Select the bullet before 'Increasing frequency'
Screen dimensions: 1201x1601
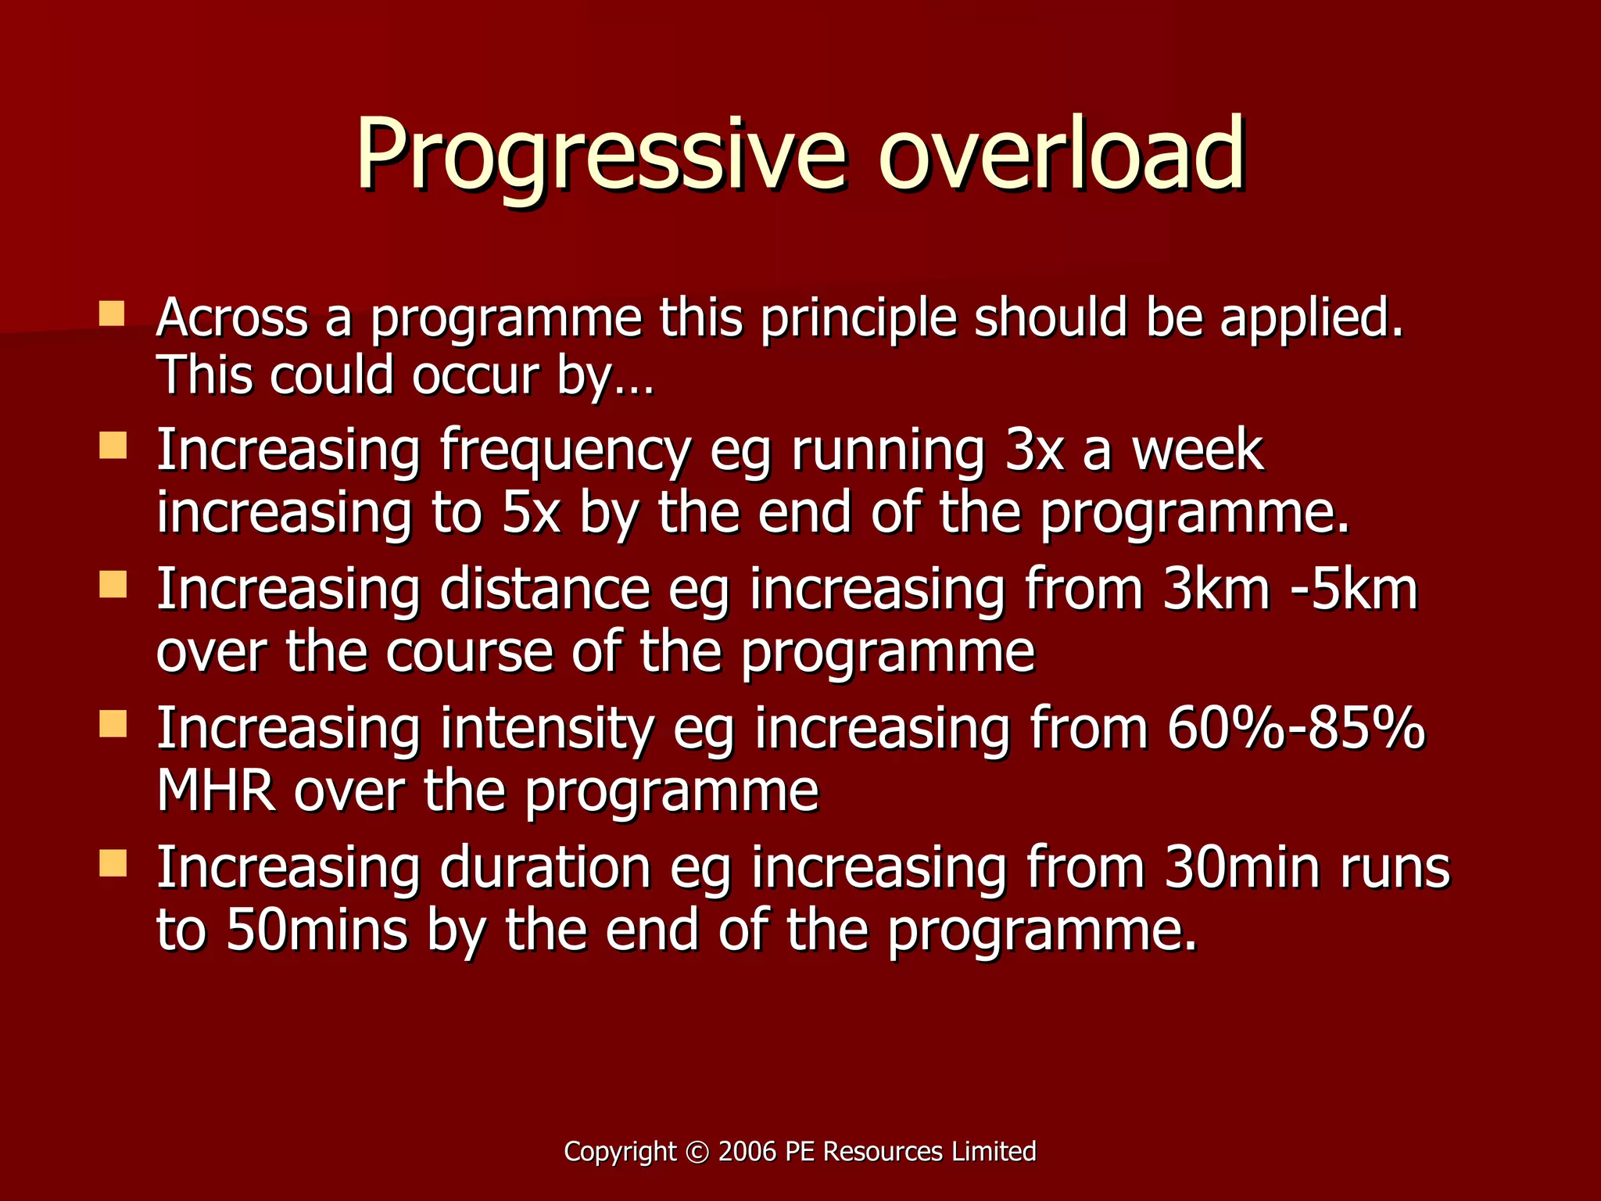click(113, 446)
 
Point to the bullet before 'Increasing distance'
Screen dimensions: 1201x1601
click(113, 585)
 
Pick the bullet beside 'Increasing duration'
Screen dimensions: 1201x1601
click(113, 863)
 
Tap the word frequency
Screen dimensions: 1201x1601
click(564, 452)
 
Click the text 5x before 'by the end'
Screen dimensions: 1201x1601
click(531, 513)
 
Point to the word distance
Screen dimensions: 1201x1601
click(545, 590)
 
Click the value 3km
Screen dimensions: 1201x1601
click(1216, 590)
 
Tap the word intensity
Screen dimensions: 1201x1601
click(546, 729)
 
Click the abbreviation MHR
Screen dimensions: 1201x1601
click(216, 791)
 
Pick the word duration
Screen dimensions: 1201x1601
click(545, 868)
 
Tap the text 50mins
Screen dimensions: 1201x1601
click(317, 930)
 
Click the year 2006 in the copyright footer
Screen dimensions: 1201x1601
click(747, 1152)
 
